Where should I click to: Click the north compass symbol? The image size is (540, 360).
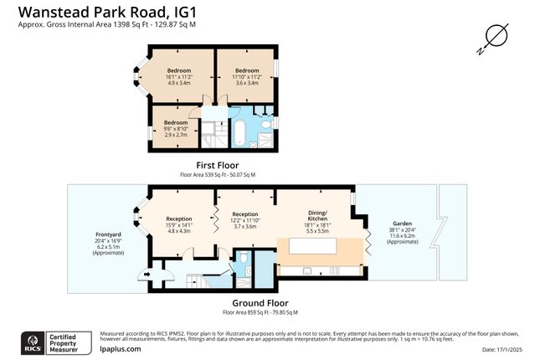tap(495, 36)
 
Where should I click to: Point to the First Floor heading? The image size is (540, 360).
tap(217, 165)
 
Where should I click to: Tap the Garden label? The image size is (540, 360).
tap(402, 229)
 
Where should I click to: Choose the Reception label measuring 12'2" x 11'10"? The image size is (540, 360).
tap(244, 219)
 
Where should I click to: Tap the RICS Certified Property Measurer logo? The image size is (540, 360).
tap(55, 342)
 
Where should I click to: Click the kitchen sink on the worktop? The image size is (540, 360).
tap(309, 271)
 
